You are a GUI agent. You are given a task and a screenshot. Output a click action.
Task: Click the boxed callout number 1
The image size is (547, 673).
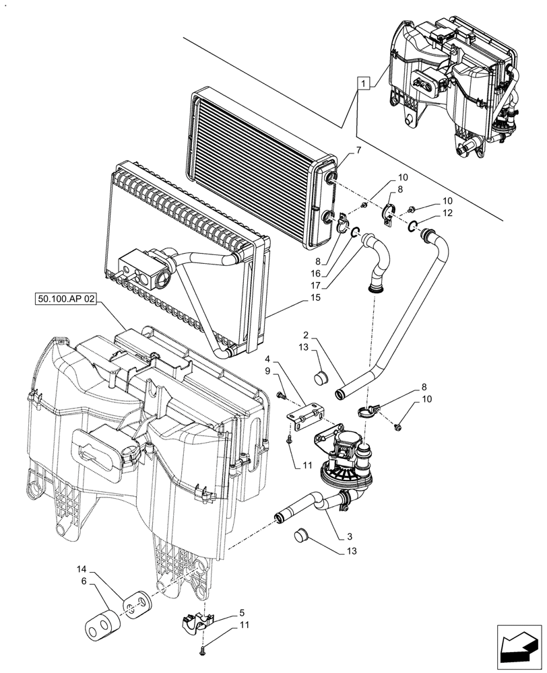tap(364, 84)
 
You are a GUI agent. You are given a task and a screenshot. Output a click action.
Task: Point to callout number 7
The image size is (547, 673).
tap(357, 151)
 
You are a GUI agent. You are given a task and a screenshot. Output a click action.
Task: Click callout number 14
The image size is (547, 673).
tap(91, 568)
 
